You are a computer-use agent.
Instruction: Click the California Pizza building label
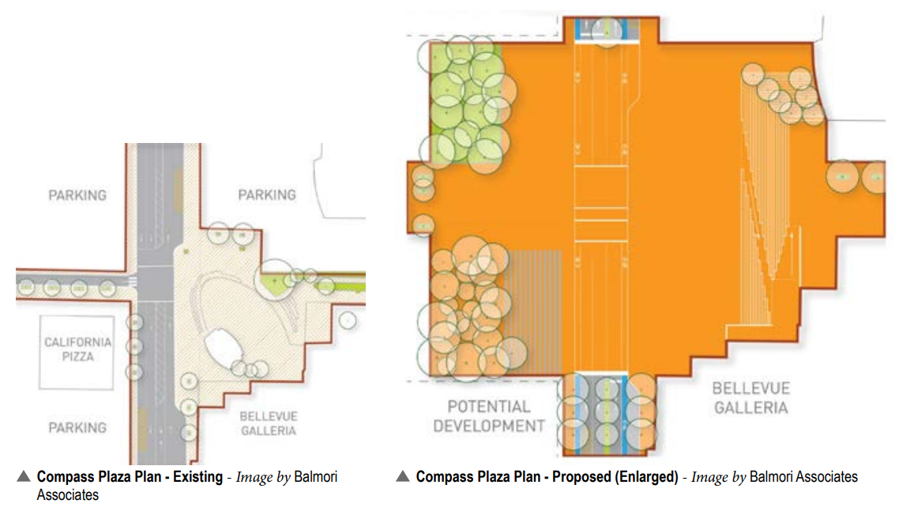(x=78, y=349)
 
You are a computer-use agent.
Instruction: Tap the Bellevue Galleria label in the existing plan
(x=268, y=423)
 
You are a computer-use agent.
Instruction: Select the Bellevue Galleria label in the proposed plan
(x=750, y=397)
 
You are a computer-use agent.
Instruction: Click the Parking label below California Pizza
(x=77, y=427)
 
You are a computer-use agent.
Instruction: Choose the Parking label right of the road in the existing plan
(x=267, y=194)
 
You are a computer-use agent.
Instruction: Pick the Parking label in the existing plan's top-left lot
(x=77, y=194)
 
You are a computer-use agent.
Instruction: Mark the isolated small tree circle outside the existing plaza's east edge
(x=346, y=320)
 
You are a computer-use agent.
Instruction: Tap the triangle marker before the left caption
(x=24, y=477)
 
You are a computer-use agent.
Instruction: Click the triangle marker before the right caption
(x=403, y=477)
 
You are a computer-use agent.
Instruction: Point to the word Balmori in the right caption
(x=771, y=477)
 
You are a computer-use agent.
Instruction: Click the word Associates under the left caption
(x=68, y=494)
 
